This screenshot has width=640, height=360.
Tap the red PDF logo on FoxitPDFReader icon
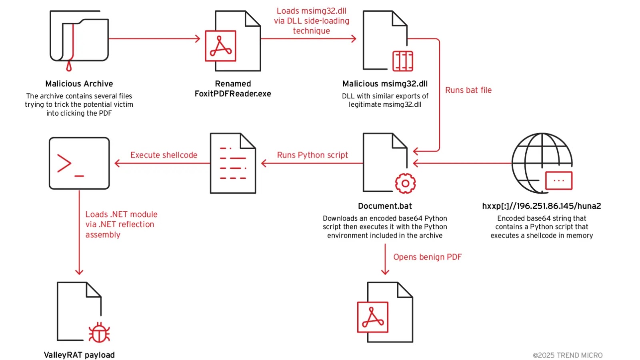click(220, 46)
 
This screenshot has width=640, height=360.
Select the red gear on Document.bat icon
click(405, 184)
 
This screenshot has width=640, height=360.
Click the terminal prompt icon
click(79, 163)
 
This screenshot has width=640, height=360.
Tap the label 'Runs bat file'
click(468, 90)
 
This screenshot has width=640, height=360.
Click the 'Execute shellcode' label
click(164, 155)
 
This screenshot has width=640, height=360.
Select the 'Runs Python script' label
click(312, 155)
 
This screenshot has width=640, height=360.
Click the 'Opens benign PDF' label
click(427, 257)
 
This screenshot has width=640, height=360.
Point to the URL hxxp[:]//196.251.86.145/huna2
click(541, 206)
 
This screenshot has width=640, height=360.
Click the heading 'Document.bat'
click(385, 206)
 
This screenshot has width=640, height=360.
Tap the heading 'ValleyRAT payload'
click(79, 355)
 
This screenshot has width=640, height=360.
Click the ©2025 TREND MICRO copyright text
click(567, 355)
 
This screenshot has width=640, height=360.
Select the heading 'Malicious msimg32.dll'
click(385, 84)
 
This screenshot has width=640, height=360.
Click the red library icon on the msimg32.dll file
click(402, 61)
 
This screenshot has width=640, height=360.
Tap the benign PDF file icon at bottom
click(385, 312)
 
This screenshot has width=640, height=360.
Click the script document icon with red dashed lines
click(233, 163)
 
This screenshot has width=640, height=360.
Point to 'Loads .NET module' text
click(121, 214)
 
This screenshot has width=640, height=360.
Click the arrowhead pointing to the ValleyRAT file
click(79, 272)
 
